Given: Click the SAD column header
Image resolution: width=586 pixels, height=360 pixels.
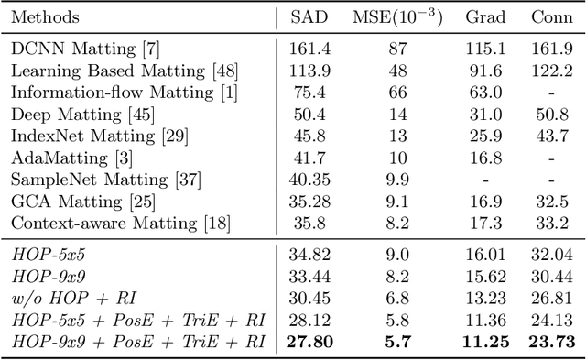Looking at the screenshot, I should click(308, 18).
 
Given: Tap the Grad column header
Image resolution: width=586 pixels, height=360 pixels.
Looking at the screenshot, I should click(485, 18).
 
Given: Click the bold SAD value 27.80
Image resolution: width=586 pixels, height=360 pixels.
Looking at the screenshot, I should click(308, 342).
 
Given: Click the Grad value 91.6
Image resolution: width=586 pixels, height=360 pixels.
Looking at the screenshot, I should click(485, 71).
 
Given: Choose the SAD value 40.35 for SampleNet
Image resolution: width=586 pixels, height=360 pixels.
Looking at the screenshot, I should click(308, 178).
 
